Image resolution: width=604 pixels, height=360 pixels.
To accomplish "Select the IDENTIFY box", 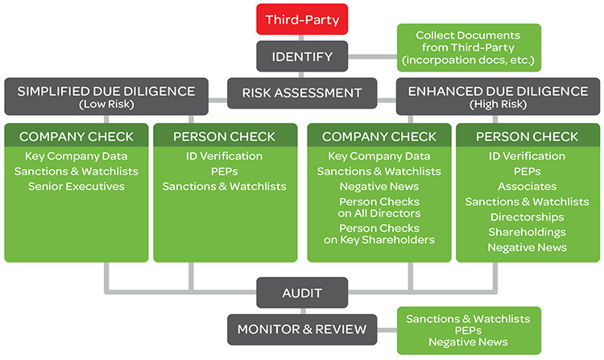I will [302, 56].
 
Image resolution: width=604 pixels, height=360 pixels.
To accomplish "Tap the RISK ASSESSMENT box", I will [302, 93].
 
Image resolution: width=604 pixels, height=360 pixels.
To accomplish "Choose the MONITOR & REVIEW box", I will [302, 329].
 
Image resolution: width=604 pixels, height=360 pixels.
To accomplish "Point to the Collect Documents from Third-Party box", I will [468, 48].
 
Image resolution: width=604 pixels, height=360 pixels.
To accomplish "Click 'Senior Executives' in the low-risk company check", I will [76, 186].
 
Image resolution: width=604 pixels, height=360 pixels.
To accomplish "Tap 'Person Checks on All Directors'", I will [379, 207].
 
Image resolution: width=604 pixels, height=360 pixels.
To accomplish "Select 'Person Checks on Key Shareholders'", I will [379, 234].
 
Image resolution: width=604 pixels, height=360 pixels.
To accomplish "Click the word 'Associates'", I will [527, 186].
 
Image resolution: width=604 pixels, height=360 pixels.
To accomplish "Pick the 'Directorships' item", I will [527, 217].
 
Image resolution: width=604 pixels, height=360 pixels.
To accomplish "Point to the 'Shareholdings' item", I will [527, 232].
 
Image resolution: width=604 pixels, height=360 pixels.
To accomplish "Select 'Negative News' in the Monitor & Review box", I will [468, 342].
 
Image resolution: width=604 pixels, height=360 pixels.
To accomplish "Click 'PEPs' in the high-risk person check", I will [527, 171].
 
